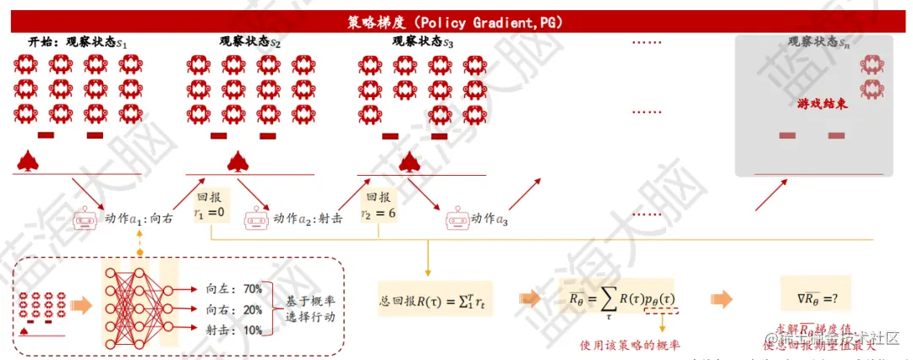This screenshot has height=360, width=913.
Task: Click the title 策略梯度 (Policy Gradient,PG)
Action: (456, 22)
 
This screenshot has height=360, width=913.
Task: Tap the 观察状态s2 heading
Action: (250, 41)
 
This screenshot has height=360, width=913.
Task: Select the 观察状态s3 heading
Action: (423, 41)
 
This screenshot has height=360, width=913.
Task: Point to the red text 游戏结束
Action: (823, 104)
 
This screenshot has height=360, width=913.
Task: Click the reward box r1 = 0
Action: (209, 205)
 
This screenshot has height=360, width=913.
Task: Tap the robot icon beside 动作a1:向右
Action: (85, 220)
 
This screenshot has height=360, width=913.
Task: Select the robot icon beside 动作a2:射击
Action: (256, 220)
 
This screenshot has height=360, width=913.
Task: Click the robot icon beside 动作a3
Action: (457, 220)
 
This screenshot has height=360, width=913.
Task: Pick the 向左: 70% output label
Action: (233, 289)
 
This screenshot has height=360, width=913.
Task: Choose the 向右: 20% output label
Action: (233, 309)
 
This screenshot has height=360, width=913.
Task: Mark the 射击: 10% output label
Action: (233, 330)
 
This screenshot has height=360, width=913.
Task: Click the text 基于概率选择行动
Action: (305, 309)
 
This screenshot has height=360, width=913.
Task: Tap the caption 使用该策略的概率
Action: (631, 344)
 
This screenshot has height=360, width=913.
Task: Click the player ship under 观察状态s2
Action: (238, 161)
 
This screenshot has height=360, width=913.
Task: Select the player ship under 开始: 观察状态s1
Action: (28, 161)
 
